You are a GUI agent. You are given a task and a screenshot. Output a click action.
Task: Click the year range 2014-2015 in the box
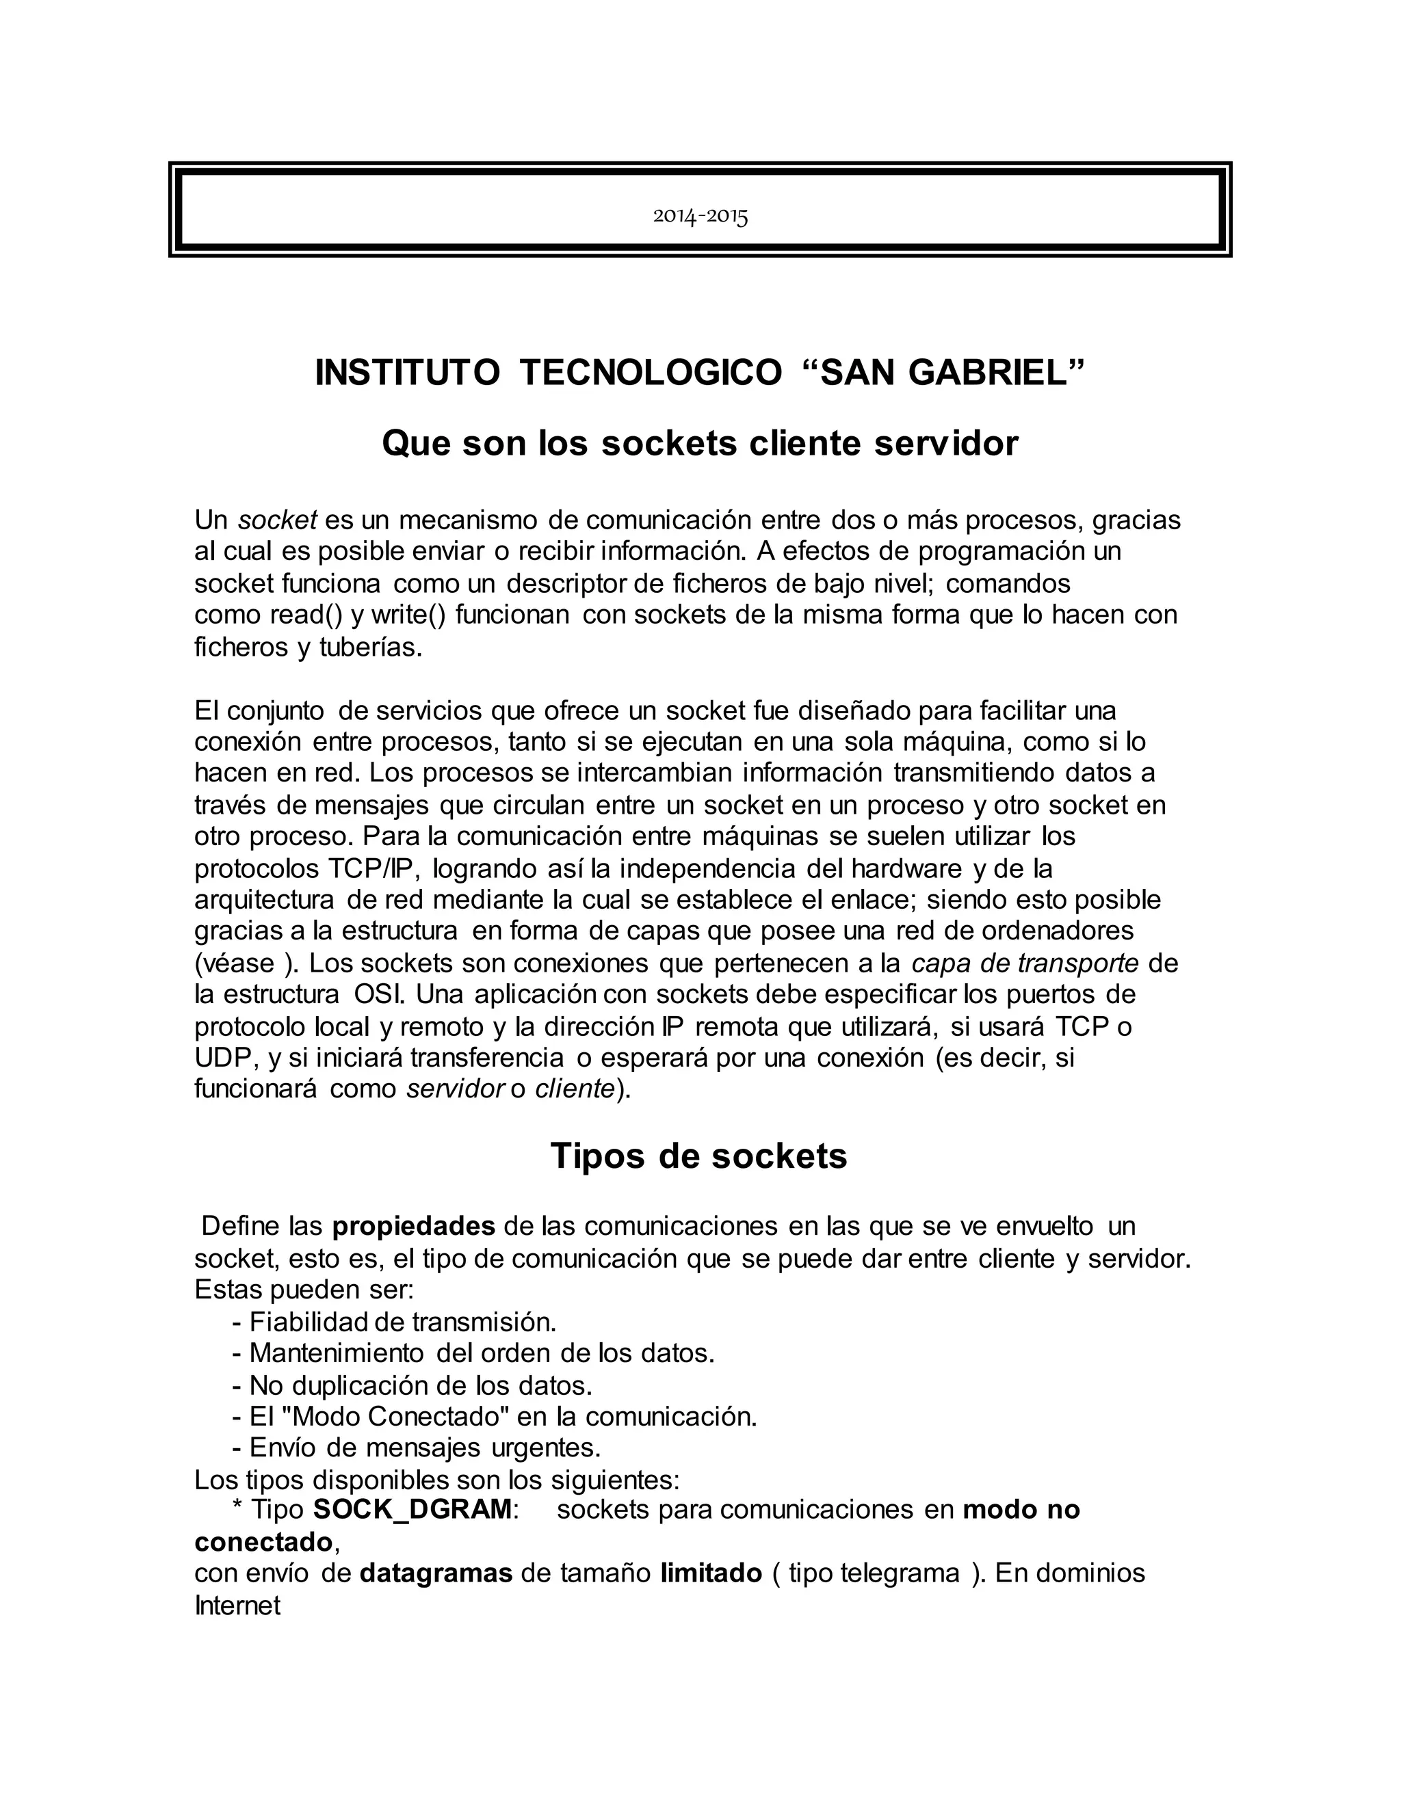(x=700, y=217)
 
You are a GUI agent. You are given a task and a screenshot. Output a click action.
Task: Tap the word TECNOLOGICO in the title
(x=650, y=373)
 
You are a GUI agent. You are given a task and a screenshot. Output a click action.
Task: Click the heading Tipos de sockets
(x=699, y=1156)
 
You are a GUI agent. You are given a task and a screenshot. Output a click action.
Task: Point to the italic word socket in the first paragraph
(x=278, y=520)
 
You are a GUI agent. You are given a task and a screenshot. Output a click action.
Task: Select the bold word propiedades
(x=413, y=1226)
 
